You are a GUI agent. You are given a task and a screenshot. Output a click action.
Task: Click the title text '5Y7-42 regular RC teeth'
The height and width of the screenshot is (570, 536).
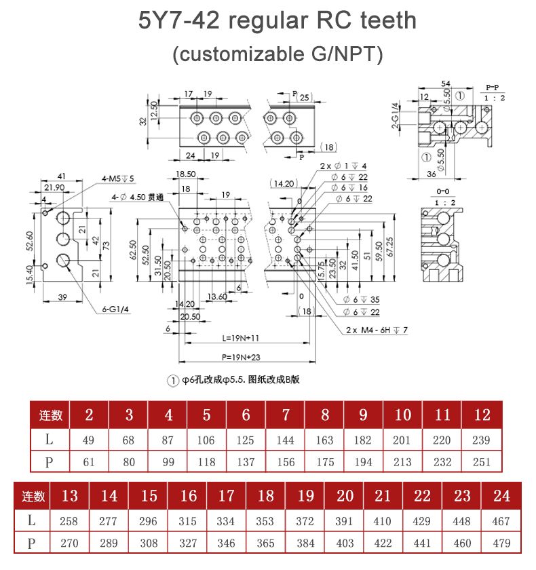coord(277,20)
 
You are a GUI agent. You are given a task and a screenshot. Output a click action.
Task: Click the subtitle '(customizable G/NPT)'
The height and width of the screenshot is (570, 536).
coord(277,54)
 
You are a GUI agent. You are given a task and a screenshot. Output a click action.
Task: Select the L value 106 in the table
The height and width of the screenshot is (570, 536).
coord(206,440)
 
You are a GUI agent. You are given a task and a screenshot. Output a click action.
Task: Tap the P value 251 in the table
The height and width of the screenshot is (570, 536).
coord(481,461)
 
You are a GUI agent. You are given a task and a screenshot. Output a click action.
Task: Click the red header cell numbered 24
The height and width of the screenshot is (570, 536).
coord(501,496)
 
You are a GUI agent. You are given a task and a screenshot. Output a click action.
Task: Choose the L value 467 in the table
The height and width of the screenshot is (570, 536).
coord(501,521)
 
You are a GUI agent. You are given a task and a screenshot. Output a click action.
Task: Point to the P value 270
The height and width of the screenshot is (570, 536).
coord(69,543)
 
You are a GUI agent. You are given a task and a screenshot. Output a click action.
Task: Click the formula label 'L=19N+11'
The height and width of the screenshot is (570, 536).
coord(240,338)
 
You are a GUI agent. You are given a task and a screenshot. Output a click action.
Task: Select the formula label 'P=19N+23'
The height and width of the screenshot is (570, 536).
coord(241,357)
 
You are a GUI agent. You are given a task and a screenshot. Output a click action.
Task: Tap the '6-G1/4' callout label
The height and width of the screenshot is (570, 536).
coord(114,309)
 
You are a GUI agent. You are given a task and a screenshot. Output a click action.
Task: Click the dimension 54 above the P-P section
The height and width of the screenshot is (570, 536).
coord(445,83)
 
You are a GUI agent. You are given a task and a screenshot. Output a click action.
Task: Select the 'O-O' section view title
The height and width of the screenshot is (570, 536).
coord(445,192)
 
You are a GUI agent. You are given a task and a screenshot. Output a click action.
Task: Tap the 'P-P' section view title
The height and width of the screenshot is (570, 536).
coord(493,88)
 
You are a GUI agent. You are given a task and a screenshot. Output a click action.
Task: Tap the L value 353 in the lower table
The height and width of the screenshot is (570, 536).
coord(265,521)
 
